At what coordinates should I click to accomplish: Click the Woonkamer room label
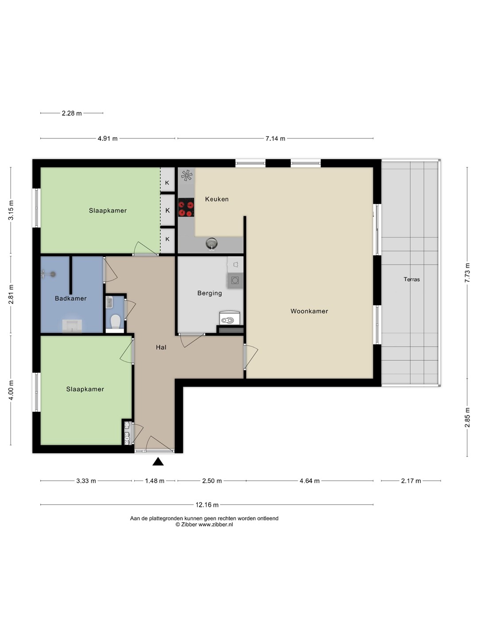pos(309,311)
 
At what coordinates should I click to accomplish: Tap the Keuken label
pos(217,199)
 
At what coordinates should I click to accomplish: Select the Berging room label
pos(209,293)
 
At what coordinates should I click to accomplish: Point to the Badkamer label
pos(71,298)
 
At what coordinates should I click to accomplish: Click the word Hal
pos(161,347)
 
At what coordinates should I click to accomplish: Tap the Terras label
pos(412,280)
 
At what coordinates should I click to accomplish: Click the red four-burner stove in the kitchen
pos(186,207)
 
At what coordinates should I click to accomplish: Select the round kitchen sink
pos(211,243)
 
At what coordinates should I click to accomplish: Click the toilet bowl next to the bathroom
pos(115,322)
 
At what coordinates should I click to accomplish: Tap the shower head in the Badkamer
pos(48,274)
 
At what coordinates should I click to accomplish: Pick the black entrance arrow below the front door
pos(158,461)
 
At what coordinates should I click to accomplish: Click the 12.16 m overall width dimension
pos(207,505)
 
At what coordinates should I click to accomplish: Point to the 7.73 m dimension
pos(467,273)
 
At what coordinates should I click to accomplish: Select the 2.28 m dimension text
pos(72,114)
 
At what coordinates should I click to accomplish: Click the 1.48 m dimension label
pos(155,481)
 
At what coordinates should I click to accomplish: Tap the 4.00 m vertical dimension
pos(11,390)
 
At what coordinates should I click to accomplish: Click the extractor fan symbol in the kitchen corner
pos(186,175)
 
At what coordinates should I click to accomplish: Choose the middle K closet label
pos(167,211)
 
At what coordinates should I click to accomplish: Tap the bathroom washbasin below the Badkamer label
pos(72,326)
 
